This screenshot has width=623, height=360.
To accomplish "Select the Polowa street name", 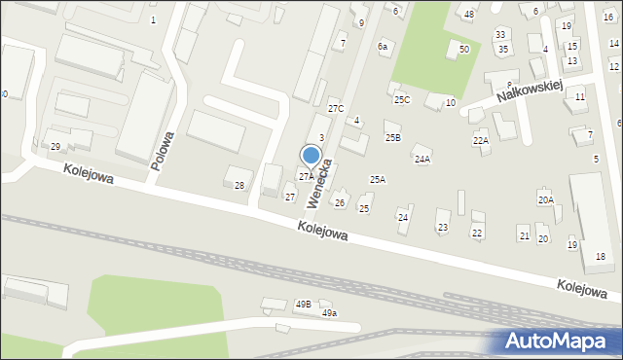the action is (x=163, y=151).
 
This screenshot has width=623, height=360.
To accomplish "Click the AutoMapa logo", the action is (x=559, y=342).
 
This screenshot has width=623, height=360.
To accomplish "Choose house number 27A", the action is (x=306, y=177).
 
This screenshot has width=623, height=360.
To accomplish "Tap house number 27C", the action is (x=336, y=108).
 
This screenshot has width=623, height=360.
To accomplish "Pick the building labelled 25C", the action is (x=401, y=100).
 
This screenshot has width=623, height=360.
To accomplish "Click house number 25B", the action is (x=392, y=138).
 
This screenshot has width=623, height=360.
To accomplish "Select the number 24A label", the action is (x=421, y=159).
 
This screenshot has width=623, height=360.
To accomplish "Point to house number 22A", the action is (x=481, y=141).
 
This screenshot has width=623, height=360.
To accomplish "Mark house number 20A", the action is (x=546, y=199).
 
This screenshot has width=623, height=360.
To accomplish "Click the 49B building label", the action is (x=303, y=304).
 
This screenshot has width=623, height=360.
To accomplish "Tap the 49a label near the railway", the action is (x=329, y=313).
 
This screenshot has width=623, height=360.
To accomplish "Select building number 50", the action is (x=464, y=49).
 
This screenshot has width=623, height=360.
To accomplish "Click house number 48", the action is (x=469, y=14).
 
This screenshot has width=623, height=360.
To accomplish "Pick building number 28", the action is (x=239, y=185).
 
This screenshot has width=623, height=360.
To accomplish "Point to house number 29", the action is (x=55, y=146).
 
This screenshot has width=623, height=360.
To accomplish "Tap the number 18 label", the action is (x=601, y=256).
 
